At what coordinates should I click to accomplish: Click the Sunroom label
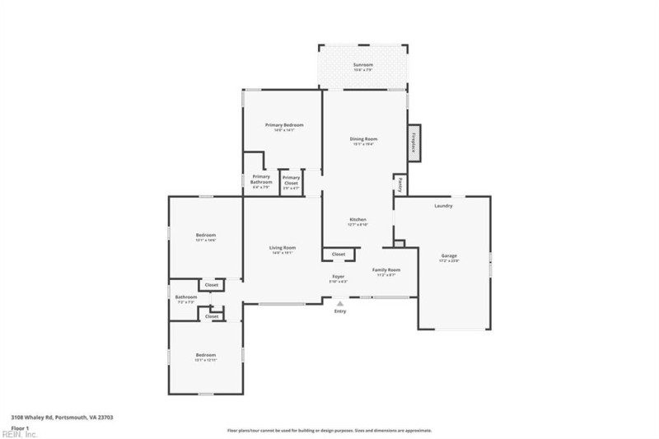363,64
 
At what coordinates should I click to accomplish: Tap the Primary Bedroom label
284,125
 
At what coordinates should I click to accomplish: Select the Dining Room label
364,139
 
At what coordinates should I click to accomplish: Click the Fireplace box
414,142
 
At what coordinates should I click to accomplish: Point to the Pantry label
400,184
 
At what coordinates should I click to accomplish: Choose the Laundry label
443,206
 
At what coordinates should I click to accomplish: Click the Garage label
449,256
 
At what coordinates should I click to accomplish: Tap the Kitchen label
357,219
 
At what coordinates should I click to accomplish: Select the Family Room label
386,270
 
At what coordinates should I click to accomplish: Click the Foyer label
339,276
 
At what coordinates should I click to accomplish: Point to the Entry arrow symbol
340,304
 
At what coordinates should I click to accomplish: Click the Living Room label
283,248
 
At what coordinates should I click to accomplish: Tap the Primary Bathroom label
261,180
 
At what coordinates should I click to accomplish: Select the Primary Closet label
291,180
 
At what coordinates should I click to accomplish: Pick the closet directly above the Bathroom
212,285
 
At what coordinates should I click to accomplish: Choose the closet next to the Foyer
338,255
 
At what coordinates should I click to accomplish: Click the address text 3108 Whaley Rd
62,418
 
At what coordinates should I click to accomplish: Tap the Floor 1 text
20,427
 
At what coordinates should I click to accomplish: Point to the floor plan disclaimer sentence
329,430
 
